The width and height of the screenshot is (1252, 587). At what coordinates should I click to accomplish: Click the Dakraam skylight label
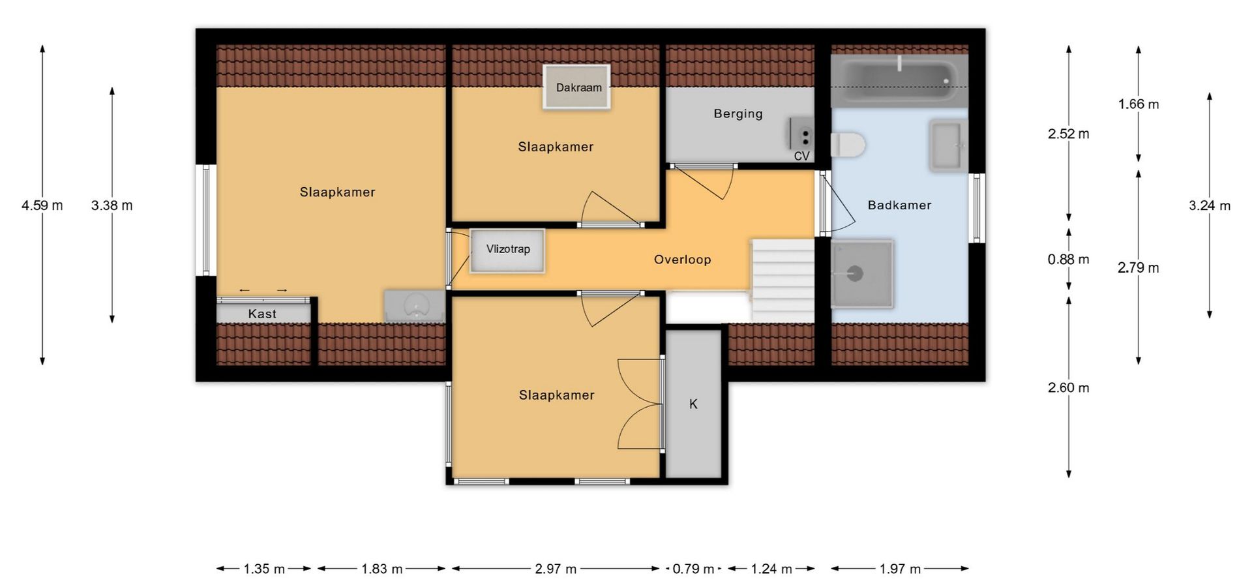pos(578,87)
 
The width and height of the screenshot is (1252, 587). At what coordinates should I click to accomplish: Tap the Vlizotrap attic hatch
pos(507,251)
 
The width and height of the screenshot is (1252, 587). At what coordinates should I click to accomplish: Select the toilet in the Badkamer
pos(848,145)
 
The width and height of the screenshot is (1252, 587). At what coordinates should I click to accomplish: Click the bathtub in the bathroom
pos(899,81)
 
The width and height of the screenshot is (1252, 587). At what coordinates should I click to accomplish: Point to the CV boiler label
pos(801,157)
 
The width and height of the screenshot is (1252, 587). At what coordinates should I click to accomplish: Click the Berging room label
pos(738,113)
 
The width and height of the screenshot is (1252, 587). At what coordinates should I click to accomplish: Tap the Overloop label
pos(682,260)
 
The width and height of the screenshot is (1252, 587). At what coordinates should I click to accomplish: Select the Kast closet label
pos(262,314)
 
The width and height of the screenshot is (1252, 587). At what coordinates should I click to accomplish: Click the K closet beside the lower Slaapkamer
pos(693,404)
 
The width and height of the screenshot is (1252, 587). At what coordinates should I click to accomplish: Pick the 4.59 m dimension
pos(42,205)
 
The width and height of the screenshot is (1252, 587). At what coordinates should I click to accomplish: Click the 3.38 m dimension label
pos(112,205)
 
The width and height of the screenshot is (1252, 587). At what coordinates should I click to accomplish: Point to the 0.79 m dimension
pos(693,569)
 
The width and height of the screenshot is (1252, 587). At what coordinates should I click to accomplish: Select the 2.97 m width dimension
pos(556,569)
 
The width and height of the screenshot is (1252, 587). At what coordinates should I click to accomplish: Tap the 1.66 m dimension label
pos(1139,104)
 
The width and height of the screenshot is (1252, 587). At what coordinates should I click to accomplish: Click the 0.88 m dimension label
pos(1068,260)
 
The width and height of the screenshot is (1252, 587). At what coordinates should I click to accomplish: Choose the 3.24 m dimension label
pos(1210,205)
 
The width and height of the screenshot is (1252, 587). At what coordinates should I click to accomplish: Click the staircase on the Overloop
pos(782,279)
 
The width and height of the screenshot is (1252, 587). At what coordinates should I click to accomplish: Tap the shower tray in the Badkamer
pos(862,273)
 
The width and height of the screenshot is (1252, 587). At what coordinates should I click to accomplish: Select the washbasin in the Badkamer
pos(948,145)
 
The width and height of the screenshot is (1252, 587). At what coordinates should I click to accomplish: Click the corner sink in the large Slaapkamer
pos(415,306)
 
